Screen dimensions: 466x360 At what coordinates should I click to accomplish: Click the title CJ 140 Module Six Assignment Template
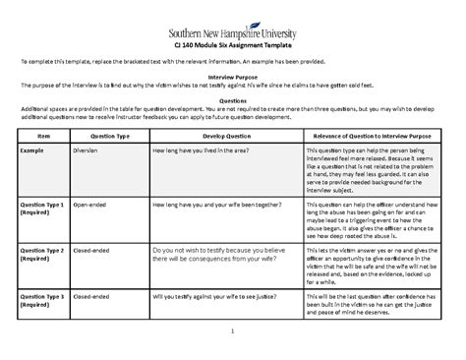[233, 44]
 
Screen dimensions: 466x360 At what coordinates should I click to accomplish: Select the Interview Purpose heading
[232, 76]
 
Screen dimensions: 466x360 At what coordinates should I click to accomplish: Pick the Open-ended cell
[89, 204]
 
